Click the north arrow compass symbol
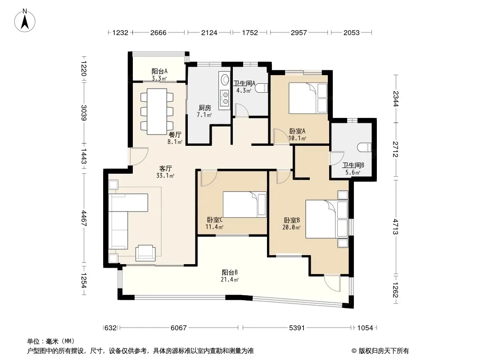coord(25,20)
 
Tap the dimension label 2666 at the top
coord(158,32)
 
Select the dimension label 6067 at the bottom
coord(178,328)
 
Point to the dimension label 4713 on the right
coord(395,227)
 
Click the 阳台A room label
coord(159,72)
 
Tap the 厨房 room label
coord(205,108)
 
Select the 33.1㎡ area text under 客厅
coord(165,175)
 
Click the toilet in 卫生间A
coord(262,88)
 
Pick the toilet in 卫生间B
coord(364,147)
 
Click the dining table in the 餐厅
coord(157,111)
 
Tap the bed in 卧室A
coord(308,98)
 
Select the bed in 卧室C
coord(245,204)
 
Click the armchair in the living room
coord(146,252)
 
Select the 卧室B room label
coord(292,220)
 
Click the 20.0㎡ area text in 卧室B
coord(291,227)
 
